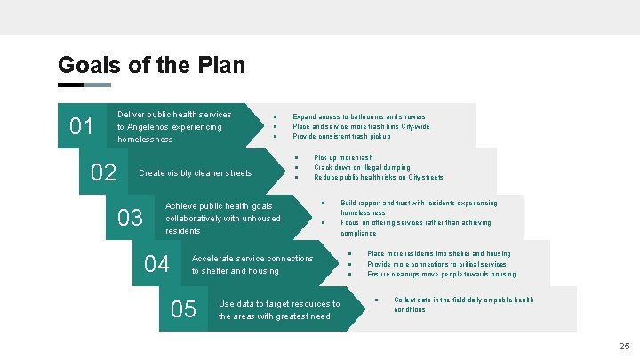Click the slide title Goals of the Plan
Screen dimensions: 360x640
151,65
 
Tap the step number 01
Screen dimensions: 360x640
82,127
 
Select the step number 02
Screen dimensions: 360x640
104,172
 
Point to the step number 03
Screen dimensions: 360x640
131,218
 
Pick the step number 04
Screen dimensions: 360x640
156,264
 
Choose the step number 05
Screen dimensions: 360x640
183,309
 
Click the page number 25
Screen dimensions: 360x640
624,346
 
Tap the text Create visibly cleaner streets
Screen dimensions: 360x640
196,173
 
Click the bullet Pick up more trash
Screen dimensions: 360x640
343,157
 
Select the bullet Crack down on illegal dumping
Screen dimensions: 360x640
362,167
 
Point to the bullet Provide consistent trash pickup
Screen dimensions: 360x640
341,137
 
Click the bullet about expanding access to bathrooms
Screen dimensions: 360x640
358,116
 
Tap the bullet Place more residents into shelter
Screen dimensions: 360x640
438,253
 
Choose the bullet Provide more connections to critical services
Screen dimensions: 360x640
436,264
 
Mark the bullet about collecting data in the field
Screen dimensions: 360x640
463,305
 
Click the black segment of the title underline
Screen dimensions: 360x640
70,85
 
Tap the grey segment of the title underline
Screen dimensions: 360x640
98,85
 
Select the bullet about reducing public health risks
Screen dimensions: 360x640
378,178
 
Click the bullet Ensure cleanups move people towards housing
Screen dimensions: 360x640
441,275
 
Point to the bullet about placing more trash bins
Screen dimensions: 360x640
361,126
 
